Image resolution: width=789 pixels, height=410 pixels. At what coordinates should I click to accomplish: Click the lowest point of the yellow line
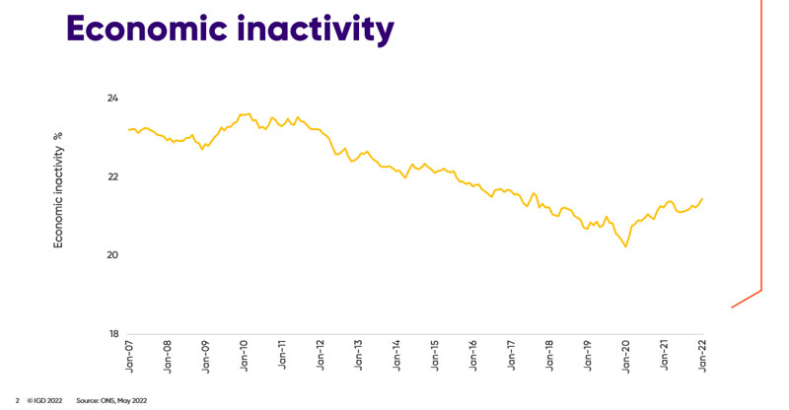tap(626, 246)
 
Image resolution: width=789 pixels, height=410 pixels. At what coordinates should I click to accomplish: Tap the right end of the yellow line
tap(702, 199)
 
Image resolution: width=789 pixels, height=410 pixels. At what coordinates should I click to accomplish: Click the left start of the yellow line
tap(128, 130)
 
